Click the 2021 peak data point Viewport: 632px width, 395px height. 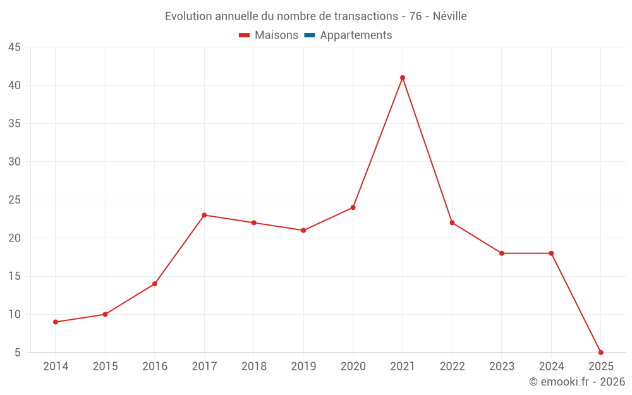403,78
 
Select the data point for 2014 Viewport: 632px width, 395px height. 56,322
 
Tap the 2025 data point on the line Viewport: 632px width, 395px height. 600,352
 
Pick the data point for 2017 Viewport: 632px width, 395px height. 204,215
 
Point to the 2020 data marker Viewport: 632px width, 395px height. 353,207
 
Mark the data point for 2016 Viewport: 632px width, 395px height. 155,284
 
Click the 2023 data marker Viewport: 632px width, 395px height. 502,253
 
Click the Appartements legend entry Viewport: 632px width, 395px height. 356,35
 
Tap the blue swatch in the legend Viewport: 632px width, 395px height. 310,35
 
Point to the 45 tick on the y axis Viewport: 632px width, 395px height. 15,47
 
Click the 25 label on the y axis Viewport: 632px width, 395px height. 15,200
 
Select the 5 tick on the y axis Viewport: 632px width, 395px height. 18,353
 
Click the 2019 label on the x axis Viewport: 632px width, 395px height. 303,367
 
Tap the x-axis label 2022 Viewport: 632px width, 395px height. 452,367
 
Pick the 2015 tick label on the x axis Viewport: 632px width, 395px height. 105,367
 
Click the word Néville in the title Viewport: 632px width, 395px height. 450,16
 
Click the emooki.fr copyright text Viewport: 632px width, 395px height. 577,382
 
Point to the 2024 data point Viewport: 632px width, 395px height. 551,253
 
